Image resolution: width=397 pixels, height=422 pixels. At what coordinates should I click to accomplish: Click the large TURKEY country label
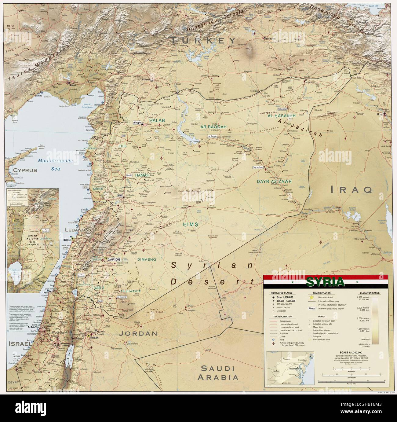[x=204, y=40]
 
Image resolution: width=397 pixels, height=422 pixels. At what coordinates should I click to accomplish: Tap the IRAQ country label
[x=351, y=190]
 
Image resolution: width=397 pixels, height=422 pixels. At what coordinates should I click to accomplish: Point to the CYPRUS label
[x=23, y=170]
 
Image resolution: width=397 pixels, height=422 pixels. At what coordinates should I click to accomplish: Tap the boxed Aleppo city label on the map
[x=137, y=123]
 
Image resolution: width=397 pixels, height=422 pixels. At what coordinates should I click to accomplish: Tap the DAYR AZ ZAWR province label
[x=274, y=182]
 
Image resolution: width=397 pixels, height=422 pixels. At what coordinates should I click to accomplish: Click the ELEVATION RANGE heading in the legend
[x=370, y=293]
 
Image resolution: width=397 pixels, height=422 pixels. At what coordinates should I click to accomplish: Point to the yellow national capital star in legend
[x=311, y=297]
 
